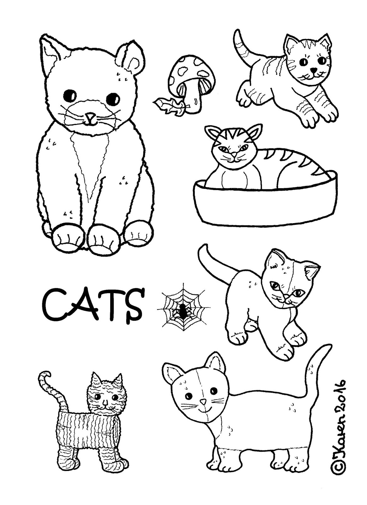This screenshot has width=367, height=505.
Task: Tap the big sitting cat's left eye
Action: pos(70,95)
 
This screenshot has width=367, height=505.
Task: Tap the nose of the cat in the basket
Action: pos(234,154)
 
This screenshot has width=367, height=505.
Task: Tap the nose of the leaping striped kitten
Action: pos(313,70)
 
